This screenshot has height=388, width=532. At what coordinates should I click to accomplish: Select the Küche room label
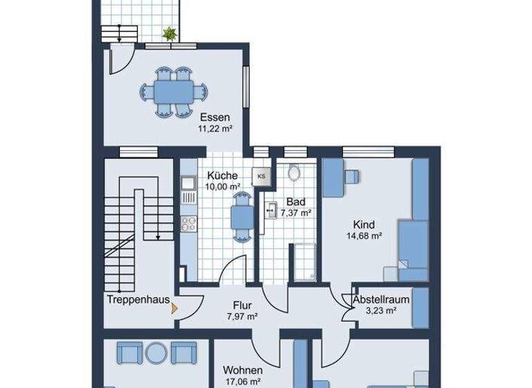pos(222,175)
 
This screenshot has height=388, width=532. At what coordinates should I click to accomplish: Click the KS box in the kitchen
pos(261,176)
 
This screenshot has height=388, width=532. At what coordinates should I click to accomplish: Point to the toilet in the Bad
pos(294,173)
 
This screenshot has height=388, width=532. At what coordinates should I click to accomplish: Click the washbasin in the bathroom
pos(270,211)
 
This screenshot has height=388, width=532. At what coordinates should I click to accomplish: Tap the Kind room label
pos(363,224)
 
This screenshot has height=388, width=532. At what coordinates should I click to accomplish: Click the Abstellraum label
pos(380,300)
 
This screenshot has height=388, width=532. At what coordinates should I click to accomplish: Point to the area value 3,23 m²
pos(380,311)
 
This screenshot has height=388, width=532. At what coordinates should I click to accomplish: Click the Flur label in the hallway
pos(242,305)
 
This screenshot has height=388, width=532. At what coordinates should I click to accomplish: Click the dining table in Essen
pos(173,91)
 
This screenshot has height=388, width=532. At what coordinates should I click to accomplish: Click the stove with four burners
pos(187,224)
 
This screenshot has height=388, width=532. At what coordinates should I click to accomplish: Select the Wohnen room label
pos(242,371)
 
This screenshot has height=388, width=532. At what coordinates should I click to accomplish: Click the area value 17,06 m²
pos(242,381)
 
